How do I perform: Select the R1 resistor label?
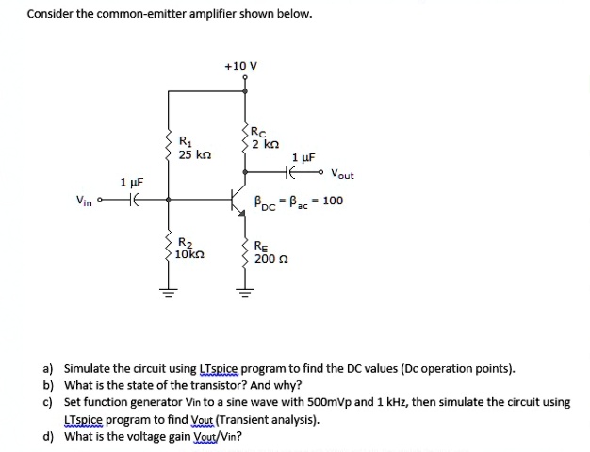click(185, 142)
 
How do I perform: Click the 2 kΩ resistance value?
click(267, 144)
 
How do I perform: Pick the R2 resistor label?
click(185, 243)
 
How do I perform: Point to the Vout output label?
click(342, 174)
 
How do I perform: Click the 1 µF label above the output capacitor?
click(304, 157)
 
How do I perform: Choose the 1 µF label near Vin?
click(131, 181)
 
